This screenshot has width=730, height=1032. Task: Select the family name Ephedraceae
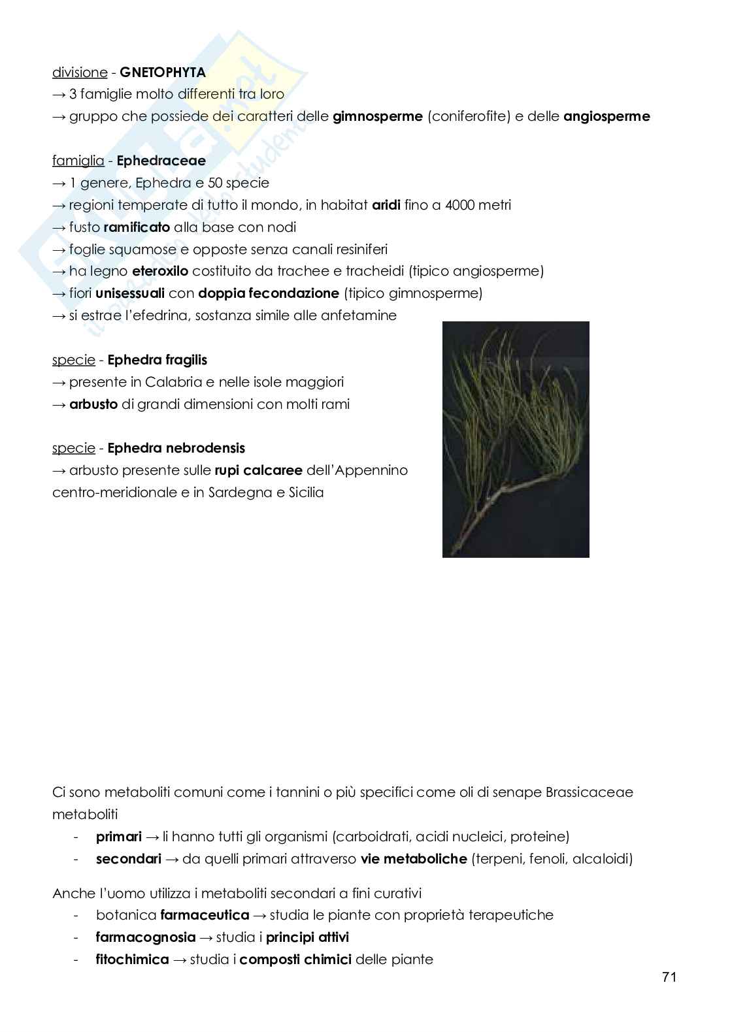point(161,161)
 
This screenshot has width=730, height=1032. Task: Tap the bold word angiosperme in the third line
point(606,117)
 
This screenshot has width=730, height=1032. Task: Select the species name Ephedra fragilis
point(157,360)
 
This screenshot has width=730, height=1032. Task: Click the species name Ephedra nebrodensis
point(176,448)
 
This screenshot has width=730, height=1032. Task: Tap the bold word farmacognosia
point(145,937)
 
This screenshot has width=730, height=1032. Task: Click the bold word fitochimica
point(132,959)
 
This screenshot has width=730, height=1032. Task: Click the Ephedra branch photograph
point(516,439)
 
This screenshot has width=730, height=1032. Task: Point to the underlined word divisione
point(79,73)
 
